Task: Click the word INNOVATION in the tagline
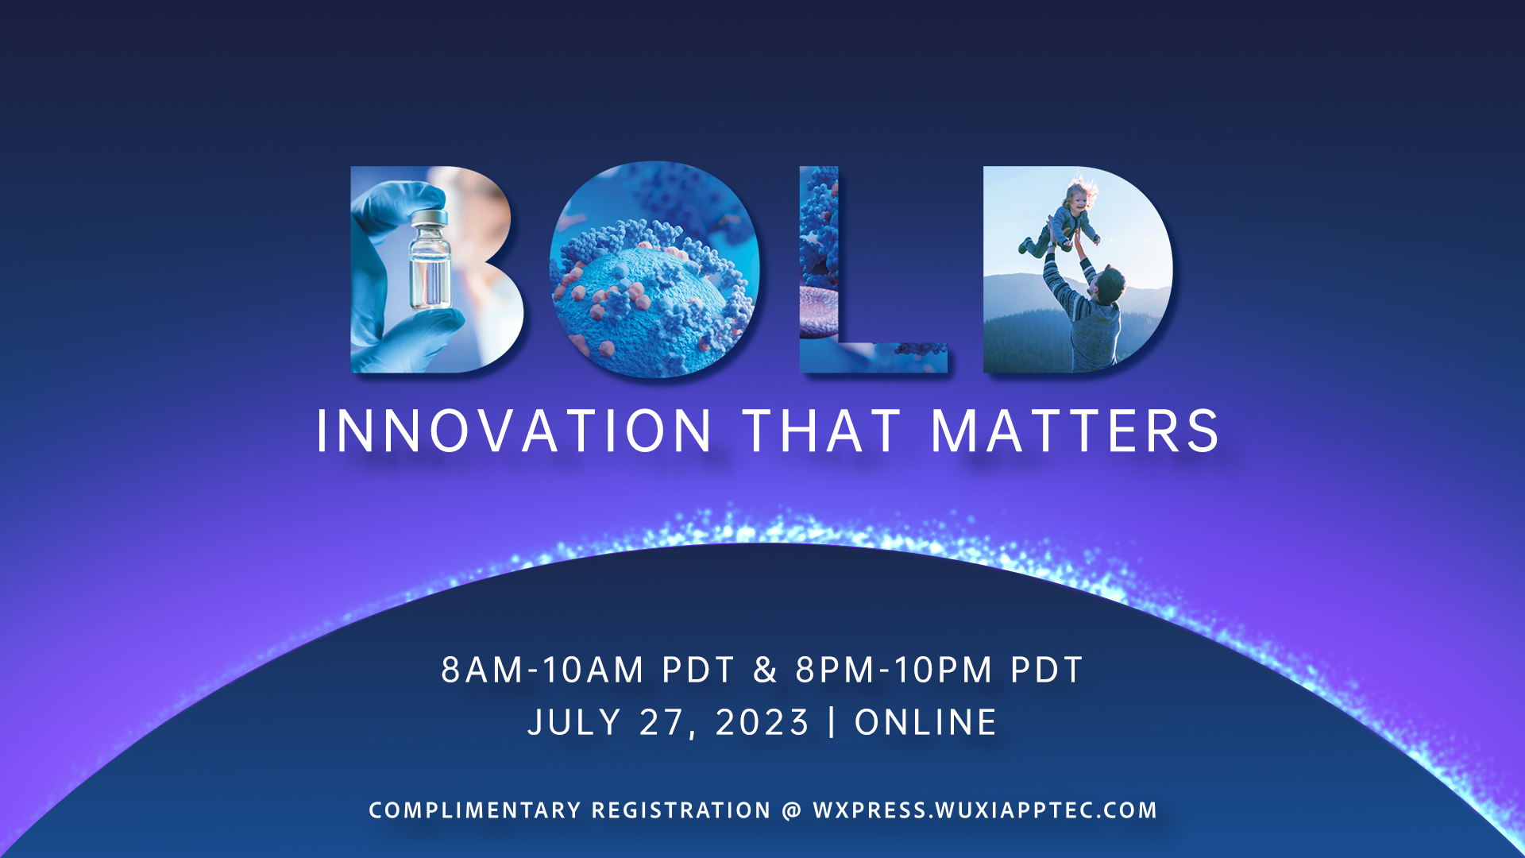tap(514, 431)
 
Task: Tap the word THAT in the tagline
tap(822, 431)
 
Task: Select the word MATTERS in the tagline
tap(1075, 431)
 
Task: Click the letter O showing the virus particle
tap(654, 270)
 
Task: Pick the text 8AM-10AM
tap(542, 670)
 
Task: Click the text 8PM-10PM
tap(894, 670)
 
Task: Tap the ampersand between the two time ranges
tap(765, 670)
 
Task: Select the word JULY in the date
tap(574, 722)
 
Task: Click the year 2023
tap(762, 722)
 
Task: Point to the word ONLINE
tap(925, 722)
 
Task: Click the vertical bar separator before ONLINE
tap(832, 722)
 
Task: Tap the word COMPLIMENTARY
tap(475, 810)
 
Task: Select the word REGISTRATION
tap(681, 810)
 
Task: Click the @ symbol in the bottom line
tap(791, 810)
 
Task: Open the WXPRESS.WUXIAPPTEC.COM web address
tap(985, 810)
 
